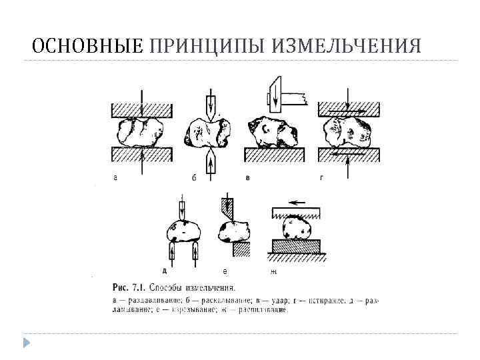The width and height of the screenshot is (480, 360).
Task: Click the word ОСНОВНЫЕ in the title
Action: (87, 45)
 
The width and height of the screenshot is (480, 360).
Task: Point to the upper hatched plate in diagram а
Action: (142, 109)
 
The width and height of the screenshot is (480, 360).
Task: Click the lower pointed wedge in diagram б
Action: (211, 161)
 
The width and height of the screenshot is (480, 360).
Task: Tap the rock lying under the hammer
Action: (273, 134)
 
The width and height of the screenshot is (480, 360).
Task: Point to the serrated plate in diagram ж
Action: (297, 214)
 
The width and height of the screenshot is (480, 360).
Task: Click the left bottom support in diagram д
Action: (171, 251)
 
